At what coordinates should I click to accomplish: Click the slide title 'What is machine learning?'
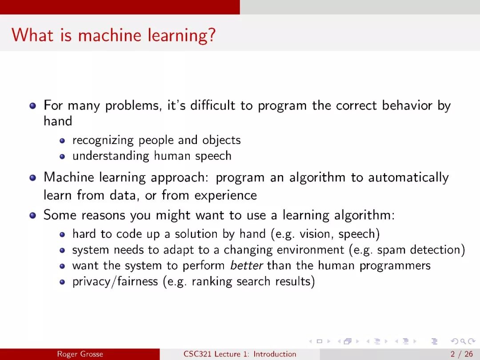114,35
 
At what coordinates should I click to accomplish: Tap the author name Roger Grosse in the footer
80,354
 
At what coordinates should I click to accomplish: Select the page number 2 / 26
462,354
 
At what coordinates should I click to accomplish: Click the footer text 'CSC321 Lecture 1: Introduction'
240,354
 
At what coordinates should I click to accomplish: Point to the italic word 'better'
246,265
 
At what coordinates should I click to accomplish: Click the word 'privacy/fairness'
115,281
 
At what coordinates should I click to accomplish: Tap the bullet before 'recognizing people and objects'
63,140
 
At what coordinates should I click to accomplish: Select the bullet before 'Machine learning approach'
33,178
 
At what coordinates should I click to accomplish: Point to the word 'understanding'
111,156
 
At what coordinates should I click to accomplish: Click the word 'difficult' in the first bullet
213,105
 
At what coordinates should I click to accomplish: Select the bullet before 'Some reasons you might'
33,215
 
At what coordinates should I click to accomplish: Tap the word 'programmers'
395,266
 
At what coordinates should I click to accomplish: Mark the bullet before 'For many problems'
33,106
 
